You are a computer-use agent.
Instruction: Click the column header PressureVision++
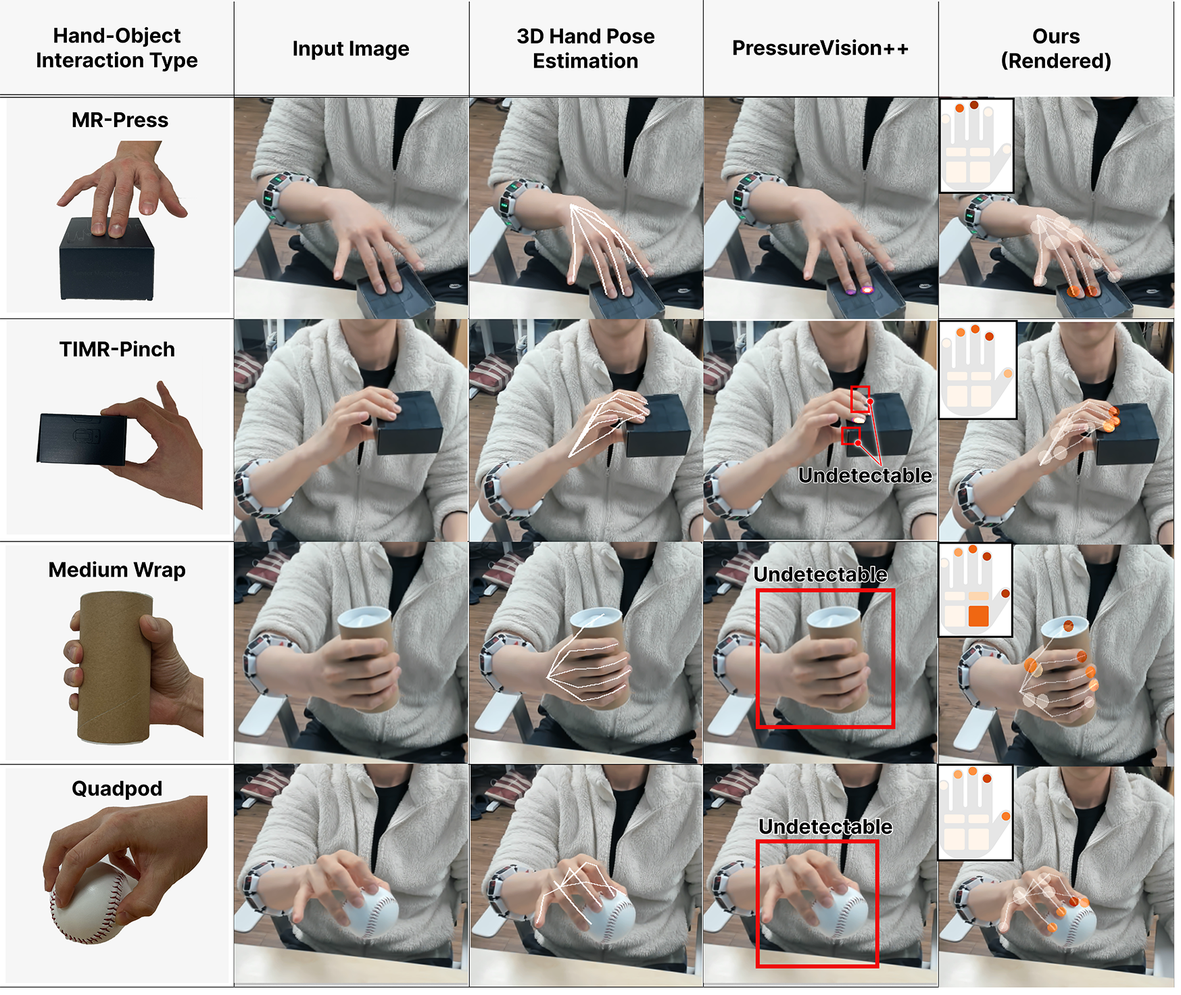click(820, 49)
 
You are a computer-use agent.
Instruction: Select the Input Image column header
click(351, 49)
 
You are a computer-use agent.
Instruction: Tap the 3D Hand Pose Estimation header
click(585, 48)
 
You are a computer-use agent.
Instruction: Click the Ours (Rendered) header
click(1056, 48)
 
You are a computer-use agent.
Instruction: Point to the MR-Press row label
click(120, 120)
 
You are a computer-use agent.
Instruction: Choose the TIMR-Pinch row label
click(117, 349)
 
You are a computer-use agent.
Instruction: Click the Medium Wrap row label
click(117, 570)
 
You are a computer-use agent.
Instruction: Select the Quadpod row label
click(117, 788)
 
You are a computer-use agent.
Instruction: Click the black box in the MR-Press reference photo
click(107, 260)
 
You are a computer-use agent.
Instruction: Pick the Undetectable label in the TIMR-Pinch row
click(865, 475)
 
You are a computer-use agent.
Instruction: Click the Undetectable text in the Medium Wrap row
click(821, 575)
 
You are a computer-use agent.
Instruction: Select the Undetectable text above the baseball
click(825, 827)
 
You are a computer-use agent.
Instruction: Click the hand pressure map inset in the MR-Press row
click(977, 145)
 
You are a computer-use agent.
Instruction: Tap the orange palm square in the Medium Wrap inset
click(978, 616)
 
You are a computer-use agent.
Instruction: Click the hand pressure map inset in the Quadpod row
click(975, 812)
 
